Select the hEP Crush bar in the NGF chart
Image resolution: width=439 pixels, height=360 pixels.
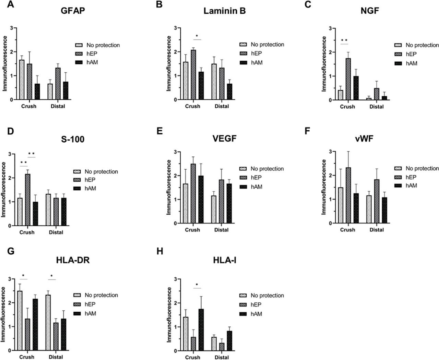tap(348, 79)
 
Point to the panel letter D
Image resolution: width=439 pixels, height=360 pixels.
tap(11, 131)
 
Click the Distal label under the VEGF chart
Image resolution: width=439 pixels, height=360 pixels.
tap(221, 230)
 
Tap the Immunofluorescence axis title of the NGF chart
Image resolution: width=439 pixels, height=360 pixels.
tap(324, 64)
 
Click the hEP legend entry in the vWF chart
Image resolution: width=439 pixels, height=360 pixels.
tap(410, 177)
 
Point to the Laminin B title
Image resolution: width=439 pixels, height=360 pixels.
tap(224, 11)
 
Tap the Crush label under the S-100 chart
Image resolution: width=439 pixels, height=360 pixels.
tap(27, 232)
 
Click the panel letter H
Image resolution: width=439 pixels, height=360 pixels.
tap(159, 251)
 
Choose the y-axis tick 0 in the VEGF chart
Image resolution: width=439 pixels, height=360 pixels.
tap(175, 224)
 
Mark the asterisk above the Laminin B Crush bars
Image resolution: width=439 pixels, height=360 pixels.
tap(197, 36)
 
